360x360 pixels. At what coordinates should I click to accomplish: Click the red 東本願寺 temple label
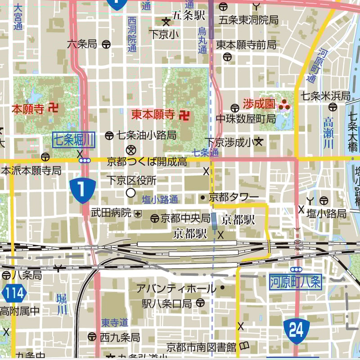click(153, 114)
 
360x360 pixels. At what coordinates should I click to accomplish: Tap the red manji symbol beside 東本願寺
click(184, 115)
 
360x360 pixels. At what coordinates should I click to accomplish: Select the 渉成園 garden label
click(259, 104)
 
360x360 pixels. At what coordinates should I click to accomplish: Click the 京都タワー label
click(234, 197)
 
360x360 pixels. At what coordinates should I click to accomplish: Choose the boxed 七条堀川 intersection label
click(74, 140)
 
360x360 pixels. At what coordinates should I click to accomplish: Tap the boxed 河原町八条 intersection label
click(296, 282)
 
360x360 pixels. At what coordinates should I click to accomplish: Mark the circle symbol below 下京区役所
click(130, 193)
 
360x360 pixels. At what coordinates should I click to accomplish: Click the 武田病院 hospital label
click(111, 212)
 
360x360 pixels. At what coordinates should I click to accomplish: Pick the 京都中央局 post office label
click(185, 218)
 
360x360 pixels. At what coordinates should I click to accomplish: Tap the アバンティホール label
click(176, 288)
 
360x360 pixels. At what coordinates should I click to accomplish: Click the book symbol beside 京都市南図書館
click(244, 346)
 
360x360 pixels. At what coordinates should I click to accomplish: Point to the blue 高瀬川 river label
click(329, 132)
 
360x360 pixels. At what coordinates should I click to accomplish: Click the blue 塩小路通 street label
click(160, 199)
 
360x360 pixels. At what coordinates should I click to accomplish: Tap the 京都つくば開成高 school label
click(147, 161)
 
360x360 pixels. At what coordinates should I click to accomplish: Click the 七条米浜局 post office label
click(325, 96)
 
